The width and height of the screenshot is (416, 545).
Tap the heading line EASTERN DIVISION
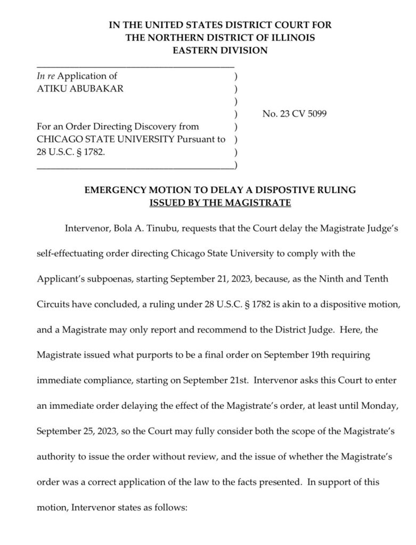(220, 51)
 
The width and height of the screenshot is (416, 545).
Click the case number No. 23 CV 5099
(295, 114)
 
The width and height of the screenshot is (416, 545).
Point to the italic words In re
(45, 76)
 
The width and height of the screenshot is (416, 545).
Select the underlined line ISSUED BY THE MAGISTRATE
(220, 202)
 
